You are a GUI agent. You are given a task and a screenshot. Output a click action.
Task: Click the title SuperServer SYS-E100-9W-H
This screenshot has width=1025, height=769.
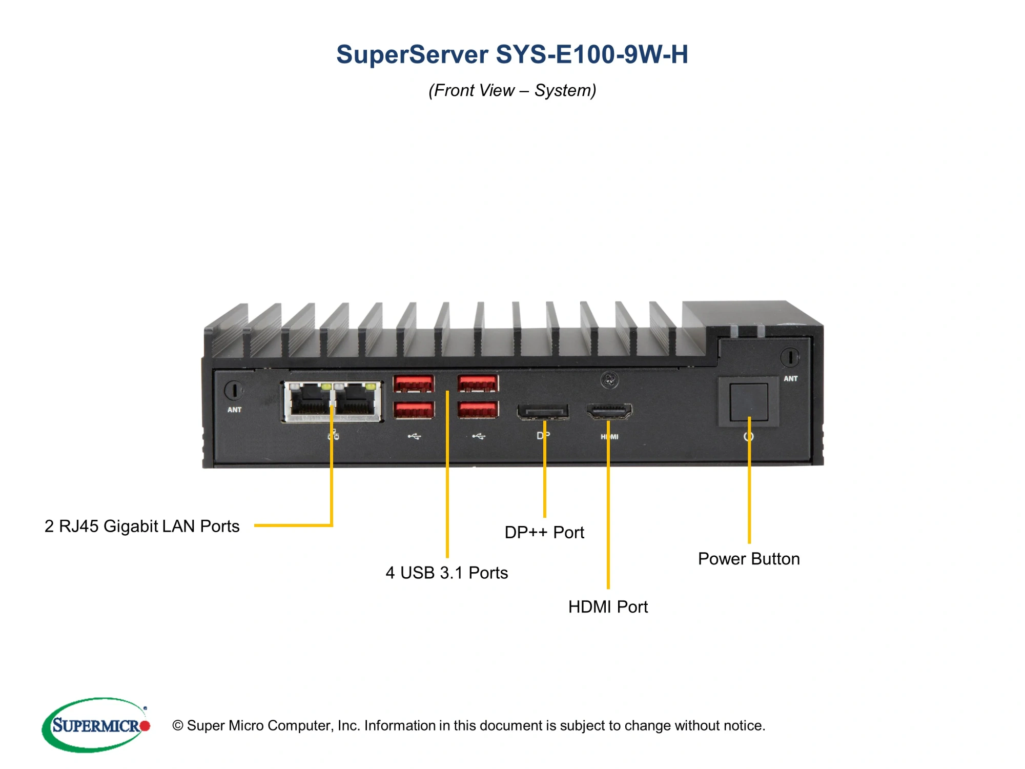tap(512, 54)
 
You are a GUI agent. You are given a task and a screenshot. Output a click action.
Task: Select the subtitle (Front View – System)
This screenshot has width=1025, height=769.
tap(512, 90)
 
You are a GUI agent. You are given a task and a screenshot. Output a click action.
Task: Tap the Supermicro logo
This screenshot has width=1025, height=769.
tap(96, 725)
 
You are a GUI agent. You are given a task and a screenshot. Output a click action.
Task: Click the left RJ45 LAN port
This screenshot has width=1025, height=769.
tap(310, 401)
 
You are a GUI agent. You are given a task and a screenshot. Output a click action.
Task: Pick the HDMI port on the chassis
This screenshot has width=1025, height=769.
tap(609, 411)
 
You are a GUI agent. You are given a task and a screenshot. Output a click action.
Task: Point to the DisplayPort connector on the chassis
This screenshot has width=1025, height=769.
tap(543, 412)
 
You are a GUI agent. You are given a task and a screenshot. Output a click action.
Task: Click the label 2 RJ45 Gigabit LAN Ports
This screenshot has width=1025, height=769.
tap(142, 526)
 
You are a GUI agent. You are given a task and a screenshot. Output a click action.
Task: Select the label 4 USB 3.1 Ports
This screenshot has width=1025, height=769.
tap(446, 573)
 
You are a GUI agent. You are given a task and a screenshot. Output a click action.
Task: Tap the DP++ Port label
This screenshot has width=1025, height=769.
tap(544, 532)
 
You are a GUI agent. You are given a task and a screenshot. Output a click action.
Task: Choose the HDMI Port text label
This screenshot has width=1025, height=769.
tap(608, 607)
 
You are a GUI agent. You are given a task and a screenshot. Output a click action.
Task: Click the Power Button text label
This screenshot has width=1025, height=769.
tap(749, 559)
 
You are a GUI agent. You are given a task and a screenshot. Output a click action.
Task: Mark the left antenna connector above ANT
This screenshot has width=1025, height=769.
tap(234, 390)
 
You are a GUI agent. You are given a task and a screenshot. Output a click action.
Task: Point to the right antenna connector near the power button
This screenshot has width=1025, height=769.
tap(790, 357)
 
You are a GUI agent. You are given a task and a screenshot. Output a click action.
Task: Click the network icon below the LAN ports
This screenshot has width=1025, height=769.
tap(334, 436)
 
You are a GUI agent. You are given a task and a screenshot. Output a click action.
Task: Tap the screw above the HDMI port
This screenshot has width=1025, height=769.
tap(609, 380)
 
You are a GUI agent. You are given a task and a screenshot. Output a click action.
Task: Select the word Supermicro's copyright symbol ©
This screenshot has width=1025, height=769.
tap(178, 725)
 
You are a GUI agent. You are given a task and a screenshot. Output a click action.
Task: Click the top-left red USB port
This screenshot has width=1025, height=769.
tap(413, 383)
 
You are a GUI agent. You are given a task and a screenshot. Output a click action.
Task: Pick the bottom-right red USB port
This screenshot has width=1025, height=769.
tap(478, 410)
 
